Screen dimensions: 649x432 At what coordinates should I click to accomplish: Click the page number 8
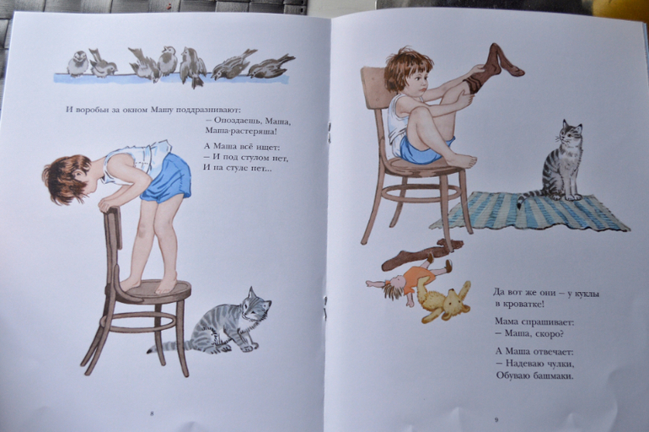[152, 413]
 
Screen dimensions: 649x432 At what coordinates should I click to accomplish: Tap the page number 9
[496, 420]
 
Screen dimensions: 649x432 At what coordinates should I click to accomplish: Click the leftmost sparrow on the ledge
[78, 63]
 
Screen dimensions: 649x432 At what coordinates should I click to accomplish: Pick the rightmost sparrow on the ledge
[271, 67]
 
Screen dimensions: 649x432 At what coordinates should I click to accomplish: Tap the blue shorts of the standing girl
[168, 178]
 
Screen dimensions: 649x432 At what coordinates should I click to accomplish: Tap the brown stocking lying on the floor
[418, 253]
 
